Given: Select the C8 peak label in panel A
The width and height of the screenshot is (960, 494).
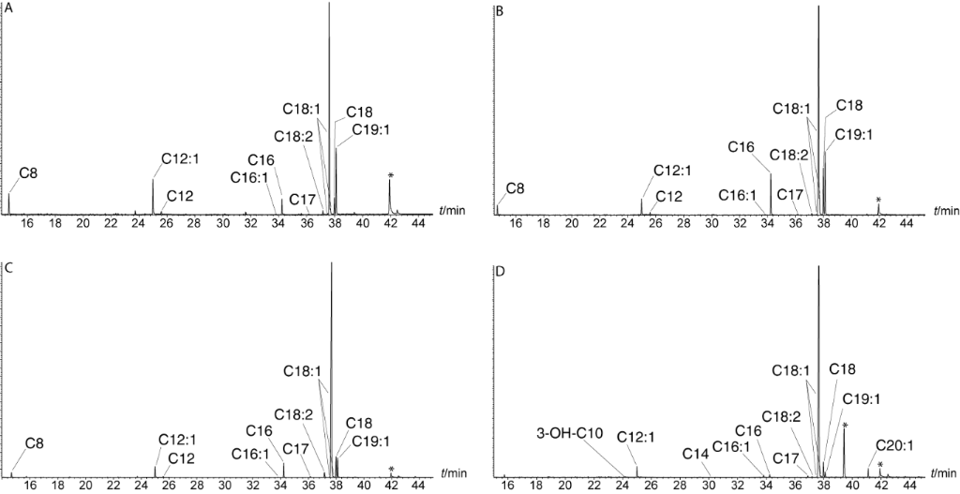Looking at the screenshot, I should click(27, 173).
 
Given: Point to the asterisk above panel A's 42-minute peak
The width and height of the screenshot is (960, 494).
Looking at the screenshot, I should click(390, 176).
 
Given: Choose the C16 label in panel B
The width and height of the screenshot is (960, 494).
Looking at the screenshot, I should click(741, 147).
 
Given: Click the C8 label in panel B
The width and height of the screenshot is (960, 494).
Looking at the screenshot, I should click(516, 188).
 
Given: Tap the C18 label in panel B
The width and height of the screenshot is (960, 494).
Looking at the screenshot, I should click(849, 105).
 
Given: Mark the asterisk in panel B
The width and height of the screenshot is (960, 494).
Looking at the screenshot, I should click(878, 200).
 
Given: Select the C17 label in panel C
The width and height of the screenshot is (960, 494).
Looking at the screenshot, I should click(297, 448).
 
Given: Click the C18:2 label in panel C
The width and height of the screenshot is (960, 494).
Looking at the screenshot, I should click(292, 414).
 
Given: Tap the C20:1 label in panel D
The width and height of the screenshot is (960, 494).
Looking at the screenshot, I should click(894, 445).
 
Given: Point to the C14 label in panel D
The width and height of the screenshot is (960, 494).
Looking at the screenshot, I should click(695, 454).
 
